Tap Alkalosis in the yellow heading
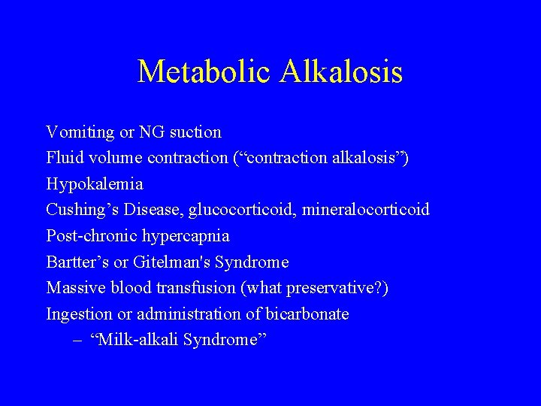click(x=342, y=72)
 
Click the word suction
click(x=195, y=132)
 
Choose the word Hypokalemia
click(x=95, y=184)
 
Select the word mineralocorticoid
click(x=366, y=210)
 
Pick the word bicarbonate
click(x=307, y=314)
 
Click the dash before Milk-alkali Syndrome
click(x=78, y=340)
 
